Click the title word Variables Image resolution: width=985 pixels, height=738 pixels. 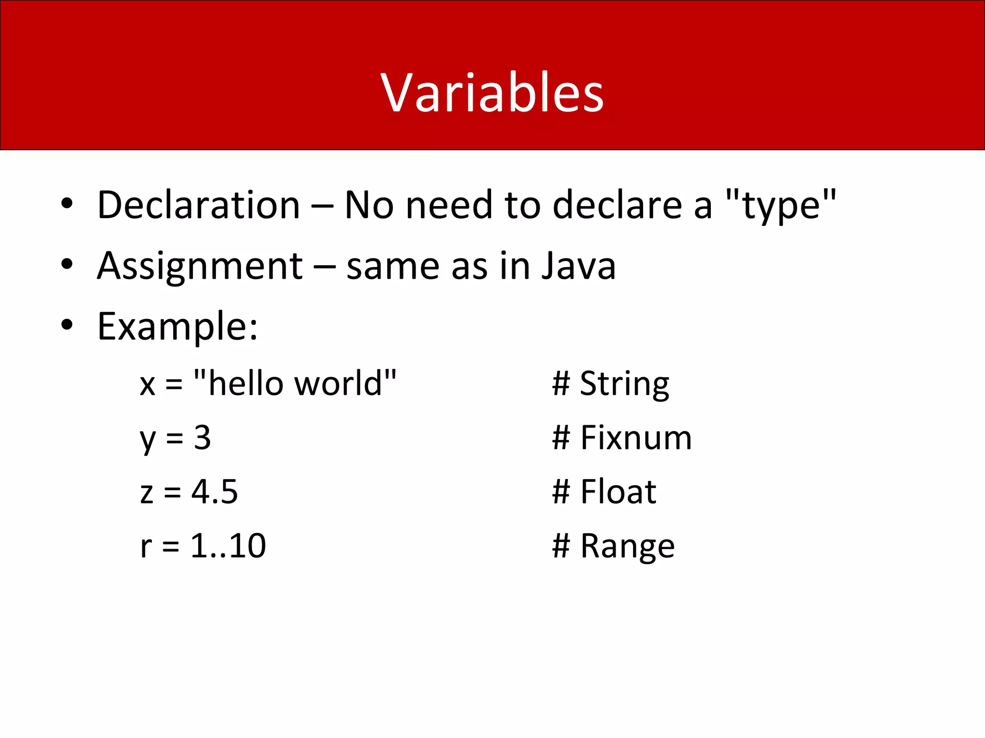pos(492,92)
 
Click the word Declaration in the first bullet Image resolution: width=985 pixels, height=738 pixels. pos(199,205)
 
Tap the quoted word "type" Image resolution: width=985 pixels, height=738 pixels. pos(781,205)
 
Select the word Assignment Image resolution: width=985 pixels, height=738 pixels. pos(200,266)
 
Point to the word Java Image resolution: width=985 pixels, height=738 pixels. pos(579,266)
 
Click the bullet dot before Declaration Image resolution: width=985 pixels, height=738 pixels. pos(67,204)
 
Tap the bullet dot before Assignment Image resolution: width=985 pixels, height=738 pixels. pos(67,264)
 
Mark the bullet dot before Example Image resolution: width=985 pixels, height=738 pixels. pos(67,325)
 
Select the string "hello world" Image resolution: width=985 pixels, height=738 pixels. pos(295,383)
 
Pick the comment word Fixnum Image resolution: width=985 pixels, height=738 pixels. pos(636,438)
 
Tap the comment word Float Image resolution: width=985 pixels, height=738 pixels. pos(618,492)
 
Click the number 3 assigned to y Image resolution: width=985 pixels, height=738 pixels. pos(202,438)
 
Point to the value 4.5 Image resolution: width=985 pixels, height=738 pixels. pos(215,492)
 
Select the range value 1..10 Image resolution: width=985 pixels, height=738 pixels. pos(228,546)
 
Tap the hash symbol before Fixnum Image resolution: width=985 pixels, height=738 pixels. pos(561,438)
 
